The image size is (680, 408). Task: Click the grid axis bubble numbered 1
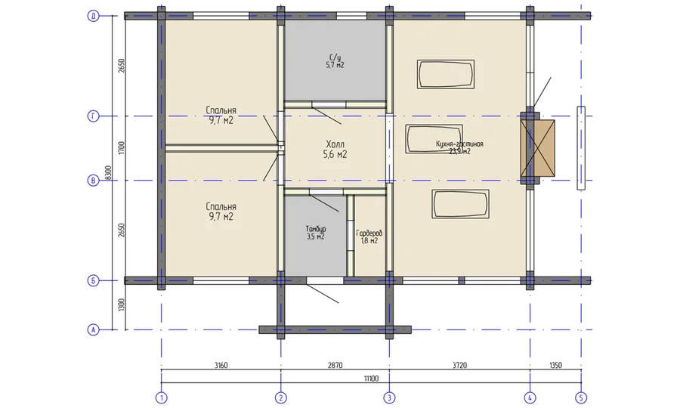coord(160,397)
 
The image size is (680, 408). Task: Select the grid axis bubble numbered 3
coord(389,397)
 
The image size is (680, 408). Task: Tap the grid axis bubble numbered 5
coord(580,397)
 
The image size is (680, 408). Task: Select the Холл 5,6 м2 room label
coord(335,149)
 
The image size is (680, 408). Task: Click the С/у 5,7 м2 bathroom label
coord(335,61)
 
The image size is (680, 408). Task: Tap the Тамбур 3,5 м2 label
coord(315,232)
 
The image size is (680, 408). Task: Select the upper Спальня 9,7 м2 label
coord(221,115)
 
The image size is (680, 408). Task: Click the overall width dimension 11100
coord(371,377)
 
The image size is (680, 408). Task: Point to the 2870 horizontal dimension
coord(335,365)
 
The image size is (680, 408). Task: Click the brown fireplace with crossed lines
coord(538,147)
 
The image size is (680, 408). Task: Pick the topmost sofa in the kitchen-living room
coord(446,75)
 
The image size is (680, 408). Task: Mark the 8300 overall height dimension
coord(110,172)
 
